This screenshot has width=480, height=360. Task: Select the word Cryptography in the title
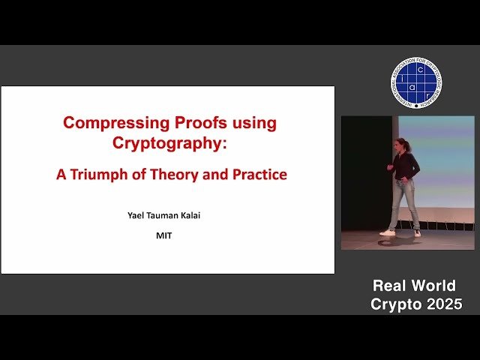(166, 142)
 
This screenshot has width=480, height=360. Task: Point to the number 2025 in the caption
(442, 304)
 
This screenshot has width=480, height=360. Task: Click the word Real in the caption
(392, 285)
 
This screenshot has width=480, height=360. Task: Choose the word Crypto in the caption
(395, 304)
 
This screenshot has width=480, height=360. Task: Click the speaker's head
(403, 144)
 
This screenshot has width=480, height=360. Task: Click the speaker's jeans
(405, 202)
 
